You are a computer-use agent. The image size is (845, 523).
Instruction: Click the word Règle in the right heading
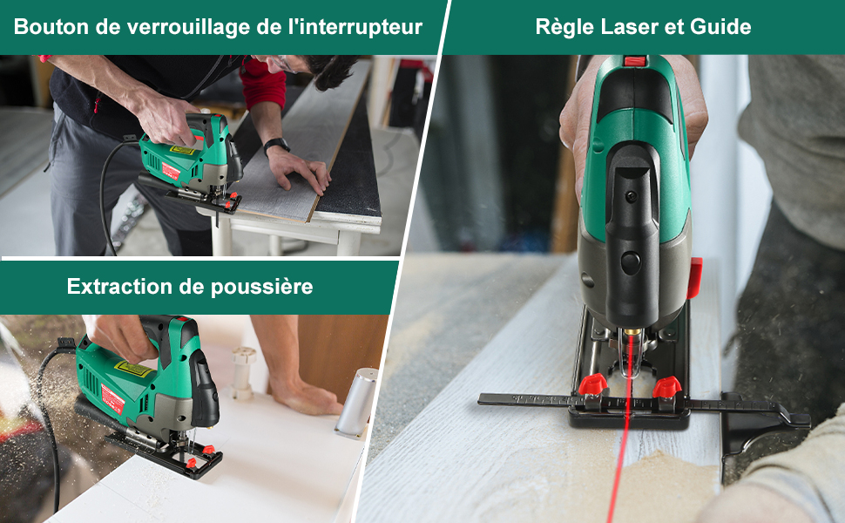[x=564, y=26]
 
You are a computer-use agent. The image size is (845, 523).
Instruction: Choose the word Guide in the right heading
[x=720, y=26]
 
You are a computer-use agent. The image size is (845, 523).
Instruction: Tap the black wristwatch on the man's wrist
[x=276, y=146]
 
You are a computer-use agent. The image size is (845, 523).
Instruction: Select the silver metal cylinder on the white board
[x=356, y=401]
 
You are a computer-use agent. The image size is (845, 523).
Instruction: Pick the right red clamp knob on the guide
[x=666, y=386]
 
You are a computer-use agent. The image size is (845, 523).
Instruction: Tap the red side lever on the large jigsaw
[x=694, y=277]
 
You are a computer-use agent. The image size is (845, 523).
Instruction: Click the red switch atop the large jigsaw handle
[x=636, y=61]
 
